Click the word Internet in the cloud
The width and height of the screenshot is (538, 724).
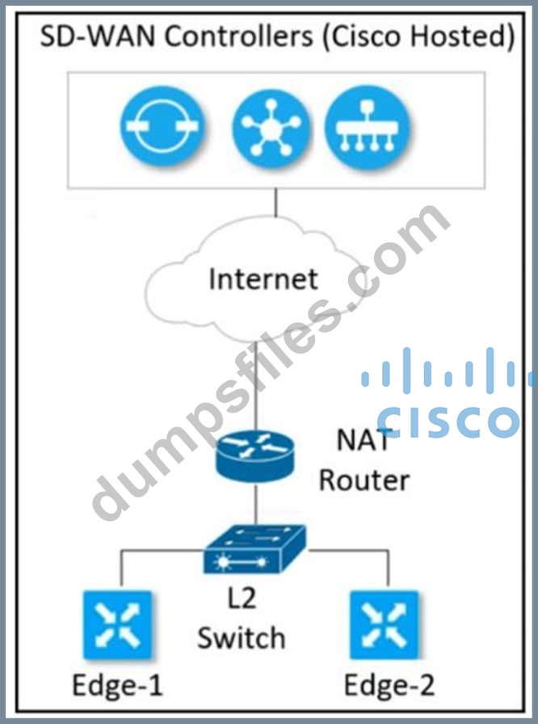[x=263, y=279]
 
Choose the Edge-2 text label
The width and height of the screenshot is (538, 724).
[x=389, y=686]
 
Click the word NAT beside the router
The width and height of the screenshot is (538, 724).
[x=364, y=442]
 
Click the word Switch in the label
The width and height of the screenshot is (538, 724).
[x=242, y=638]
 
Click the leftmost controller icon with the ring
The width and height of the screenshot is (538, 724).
[x=163, y=128]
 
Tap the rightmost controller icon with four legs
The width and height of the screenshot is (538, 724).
[x=368, y=128]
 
